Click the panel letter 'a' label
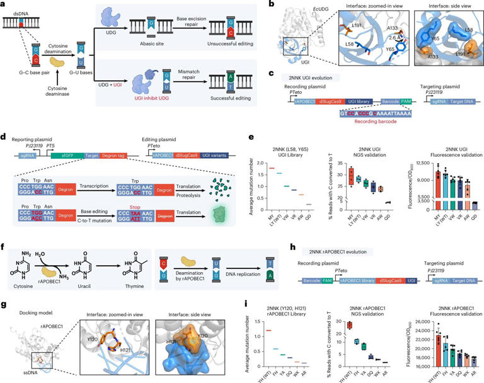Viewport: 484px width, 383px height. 4,5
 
